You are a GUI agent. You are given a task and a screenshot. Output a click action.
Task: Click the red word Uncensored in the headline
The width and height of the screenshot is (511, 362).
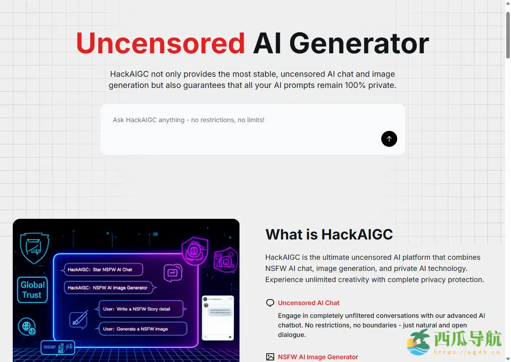click(x=160, y=43)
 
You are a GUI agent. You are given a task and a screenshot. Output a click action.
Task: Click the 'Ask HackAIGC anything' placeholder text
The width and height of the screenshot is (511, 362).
click(x=189, y=120)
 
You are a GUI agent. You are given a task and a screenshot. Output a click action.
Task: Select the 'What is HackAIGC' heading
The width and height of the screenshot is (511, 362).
click(x=329, y=234)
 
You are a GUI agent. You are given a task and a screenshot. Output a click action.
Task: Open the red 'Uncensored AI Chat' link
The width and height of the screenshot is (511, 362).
click(x=308, y=303)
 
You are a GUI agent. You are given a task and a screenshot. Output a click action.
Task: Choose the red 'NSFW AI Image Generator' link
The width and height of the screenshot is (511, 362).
click(x=318, y=357)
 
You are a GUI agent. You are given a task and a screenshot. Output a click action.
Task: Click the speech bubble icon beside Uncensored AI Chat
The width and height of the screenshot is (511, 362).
click(x=270, y=303)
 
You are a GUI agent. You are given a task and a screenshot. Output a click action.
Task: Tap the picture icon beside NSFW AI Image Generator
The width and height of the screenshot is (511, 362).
click(x=270, y=357)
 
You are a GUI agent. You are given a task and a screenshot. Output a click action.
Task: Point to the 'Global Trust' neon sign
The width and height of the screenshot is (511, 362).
click(x=32, y=290)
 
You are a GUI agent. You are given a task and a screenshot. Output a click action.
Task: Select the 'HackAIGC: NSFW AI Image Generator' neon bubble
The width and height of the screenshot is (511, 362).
click(x=109, y=288)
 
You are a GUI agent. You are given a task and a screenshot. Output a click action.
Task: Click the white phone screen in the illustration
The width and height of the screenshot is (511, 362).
click(x=217, y=317)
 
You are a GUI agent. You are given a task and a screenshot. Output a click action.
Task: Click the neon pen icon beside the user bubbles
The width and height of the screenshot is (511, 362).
click(x=78, y=319)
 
